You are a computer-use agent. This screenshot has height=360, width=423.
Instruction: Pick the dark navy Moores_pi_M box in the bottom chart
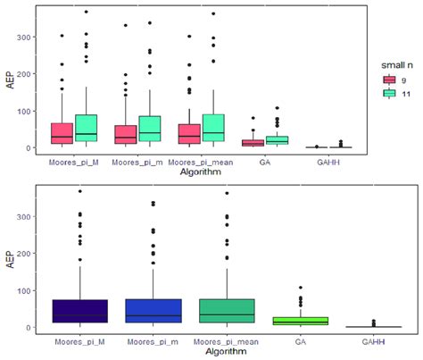(81, 311)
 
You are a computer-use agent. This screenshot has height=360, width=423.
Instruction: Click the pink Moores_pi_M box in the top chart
(62, 133)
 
